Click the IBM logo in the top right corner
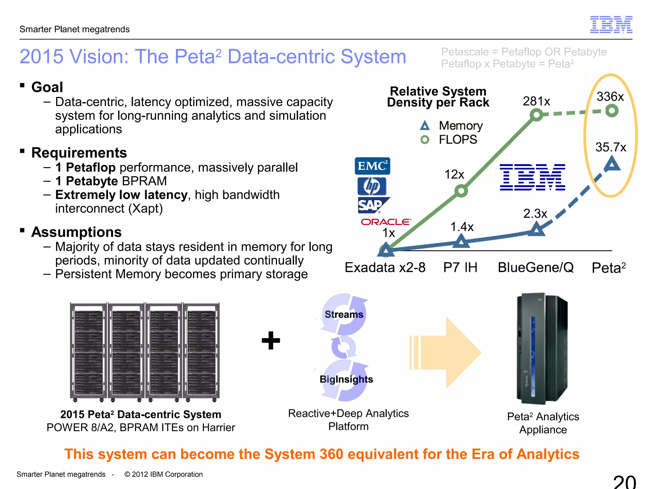[x=611, y=25]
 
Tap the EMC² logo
[x=372, y=166]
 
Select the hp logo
[x=372, y=186]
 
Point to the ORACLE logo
[x=386, y=222]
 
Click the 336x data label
[x=610, y=96]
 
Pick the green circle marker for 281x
[x=537, y=115]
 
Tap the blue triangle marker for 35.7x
[x=612, y=165]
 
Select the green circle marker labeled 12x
[x=461, y=191]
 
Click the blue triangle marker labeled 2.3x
[x=536, y=229]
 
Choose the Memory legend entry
[x=452, y=126]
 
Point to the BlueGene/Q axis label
[x=536, y=267]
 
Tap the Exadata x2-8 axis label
[x=385, y=267]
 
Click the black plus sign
[x=271, y=340]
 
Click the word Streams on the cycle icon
[x=344, y=315]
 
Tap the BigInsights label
[x=346, y=379]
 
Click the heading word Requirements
[x=79, y=153]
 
